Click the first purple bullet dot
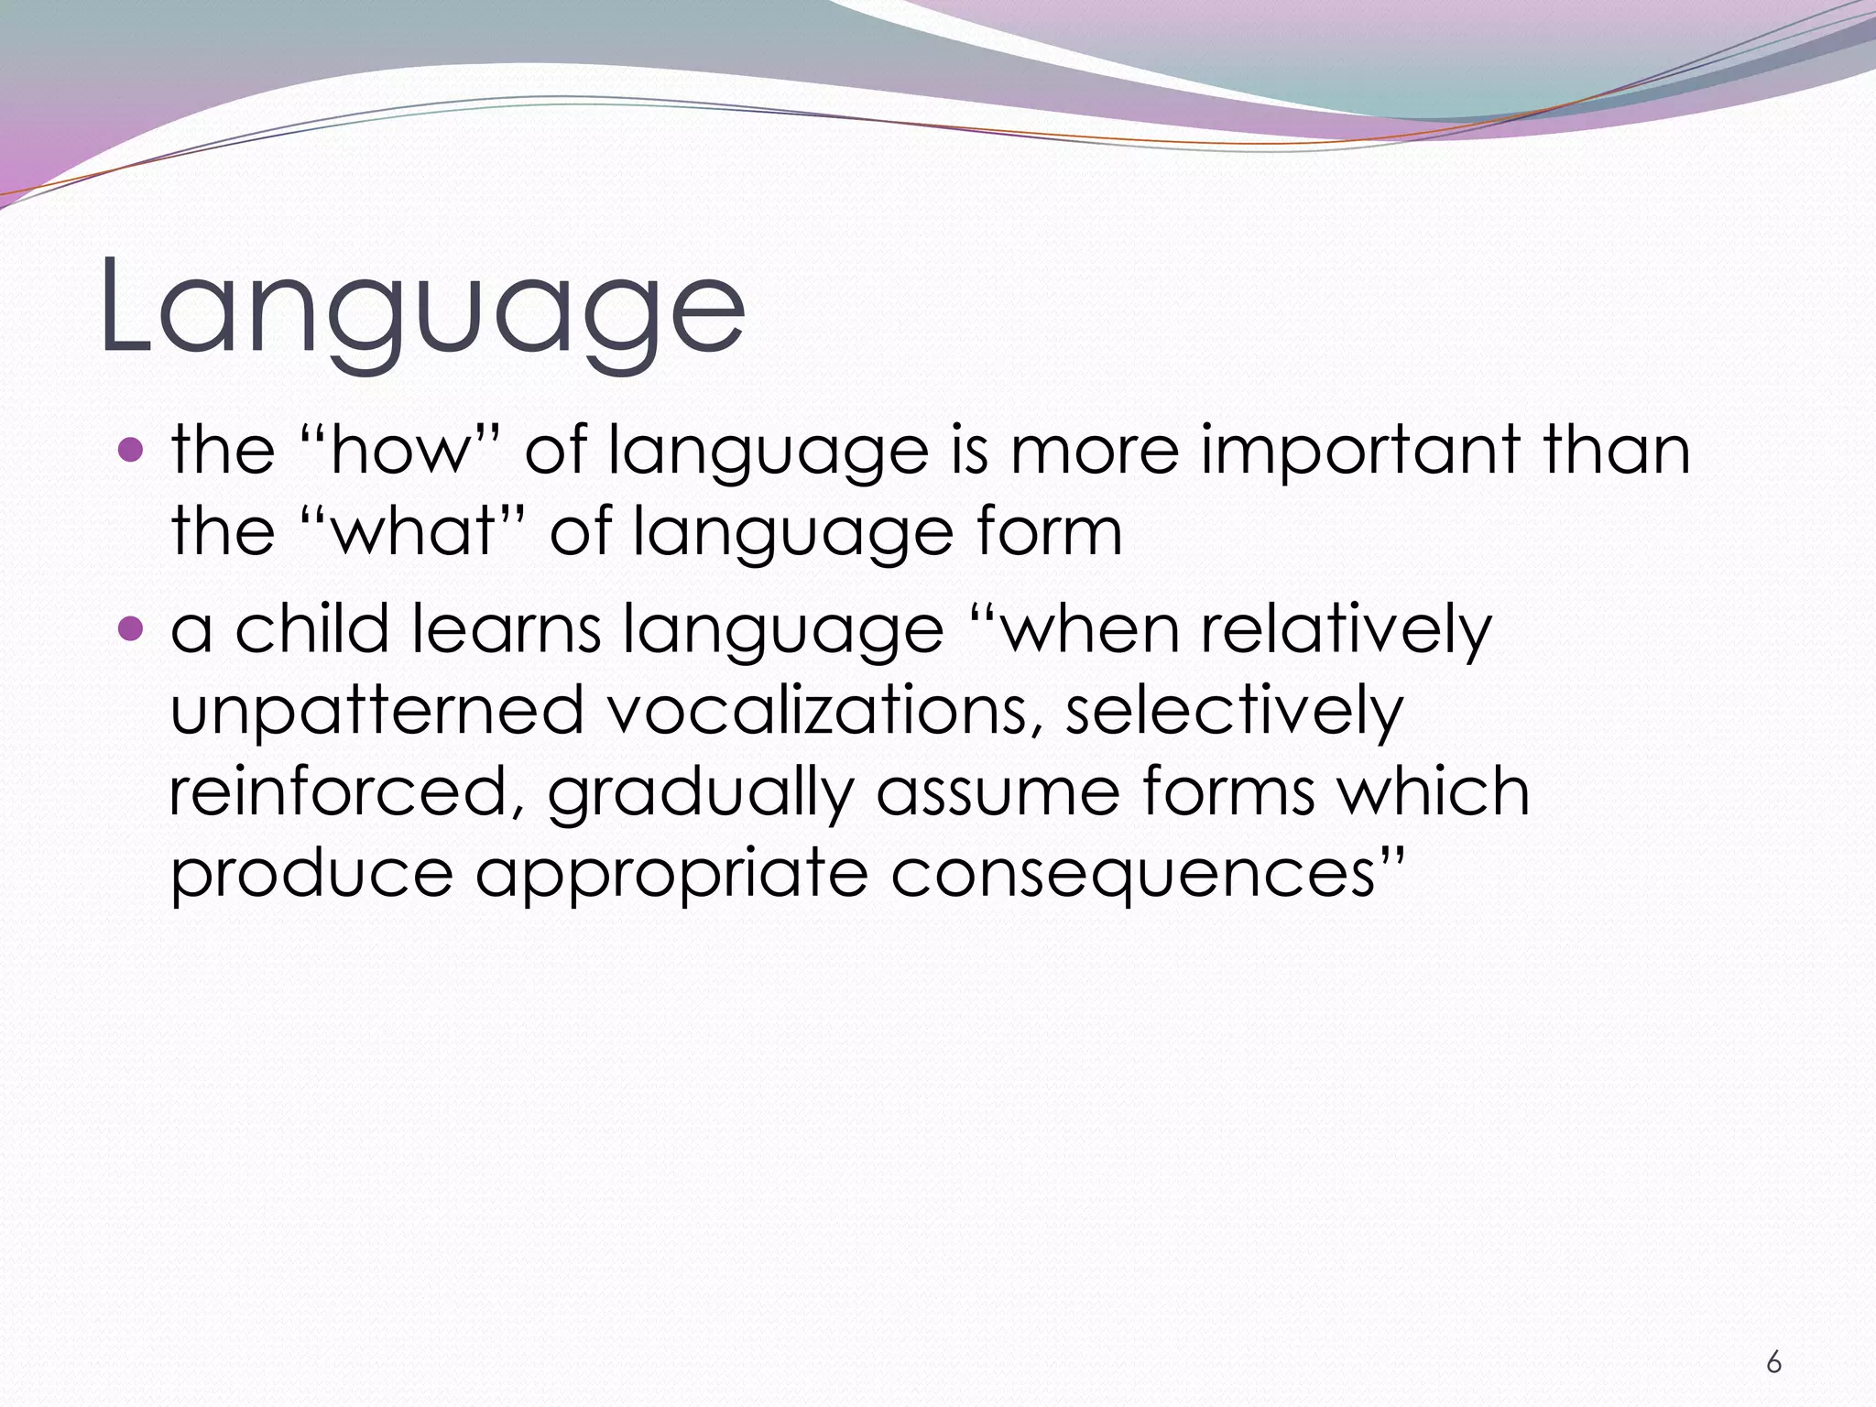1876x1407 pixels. pyautogui.click(x=132, y=450)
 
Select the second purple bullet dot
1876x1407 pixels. pyautogui.click(x=132, y=628)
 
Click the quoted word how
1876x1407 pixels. pyautogui.click(x=399, y=451)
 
